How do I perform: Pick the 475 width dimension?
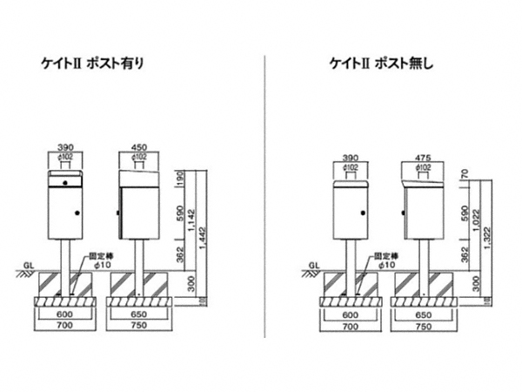pyautogui.click(x=424, y=157)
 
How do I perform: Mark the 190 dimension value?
pyautogui.click(x=181, y=179)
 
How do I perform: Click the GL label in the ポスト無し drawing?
pyautogui.click(x=315, y=261)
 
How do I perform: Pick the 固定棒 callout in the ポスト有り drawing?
pyautogui.click(x=101, y=260)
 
